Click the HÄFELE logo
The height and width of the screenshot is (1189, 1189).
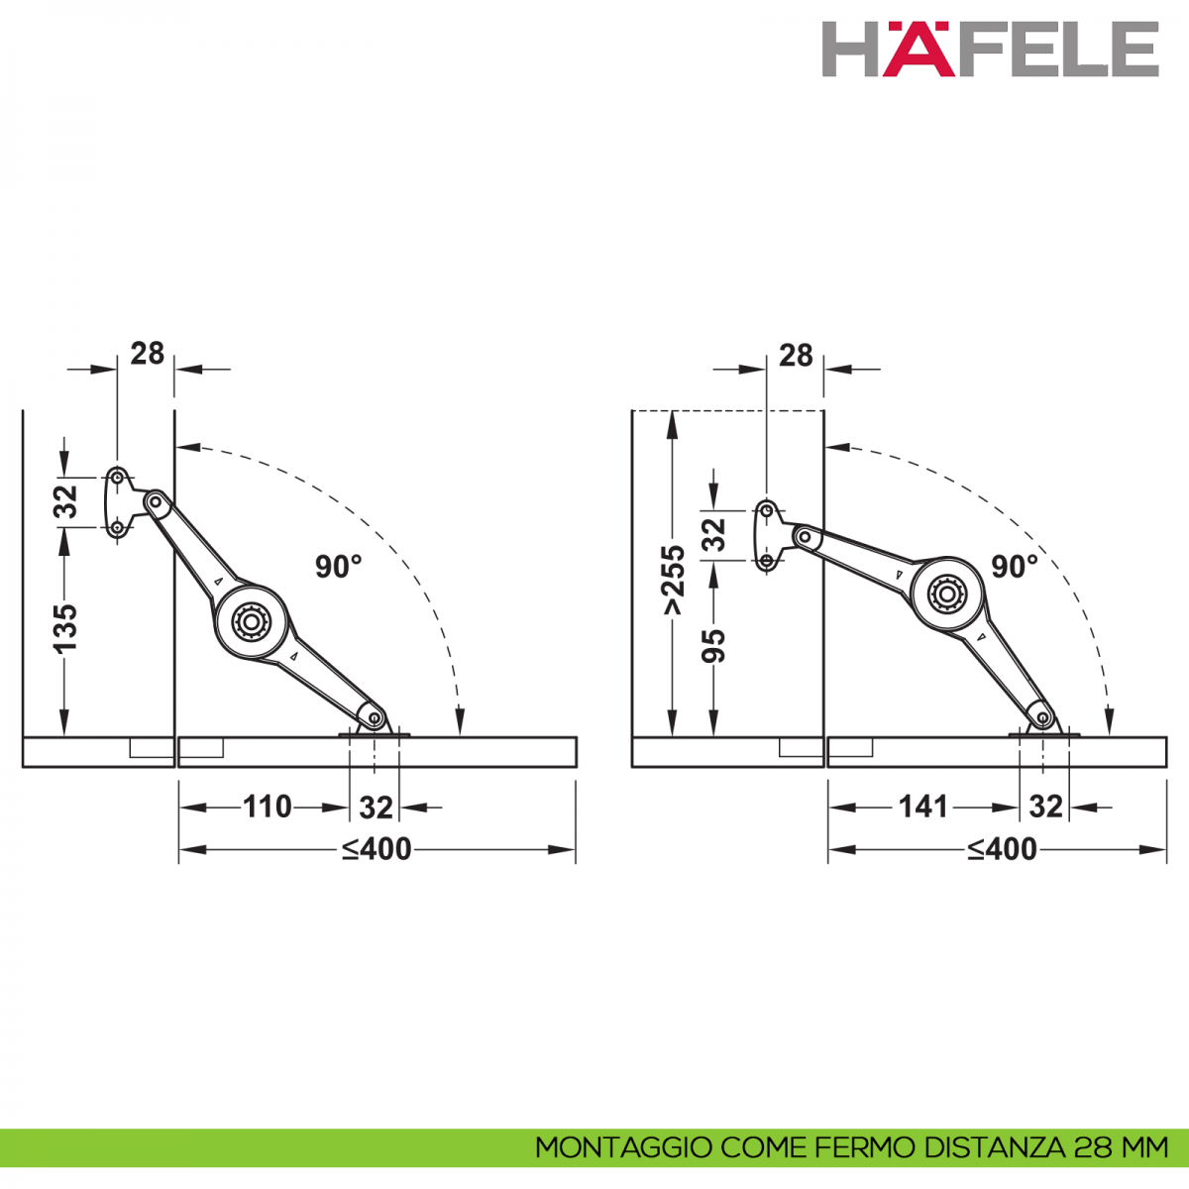(990, 49)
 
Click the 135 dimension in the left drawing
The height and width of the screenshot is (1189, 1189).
(65, 628)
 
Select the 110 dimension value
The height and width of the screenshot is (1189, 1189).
(268, 808)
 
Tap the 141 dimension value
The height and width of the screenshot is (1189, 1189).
(923, 808)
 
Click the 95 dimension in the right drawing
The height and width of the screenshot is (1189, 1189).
(713, 646)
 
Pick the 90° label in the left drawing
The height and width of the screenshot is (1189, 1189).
(338, 567)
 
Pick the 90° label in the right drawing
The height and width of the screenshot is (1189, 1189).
(1015, 567)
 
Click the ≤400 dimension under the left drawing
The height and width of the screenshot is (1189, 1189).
(377, 849)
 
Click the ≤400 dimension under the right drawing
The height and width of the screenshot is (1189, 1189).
(1002, 849)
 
